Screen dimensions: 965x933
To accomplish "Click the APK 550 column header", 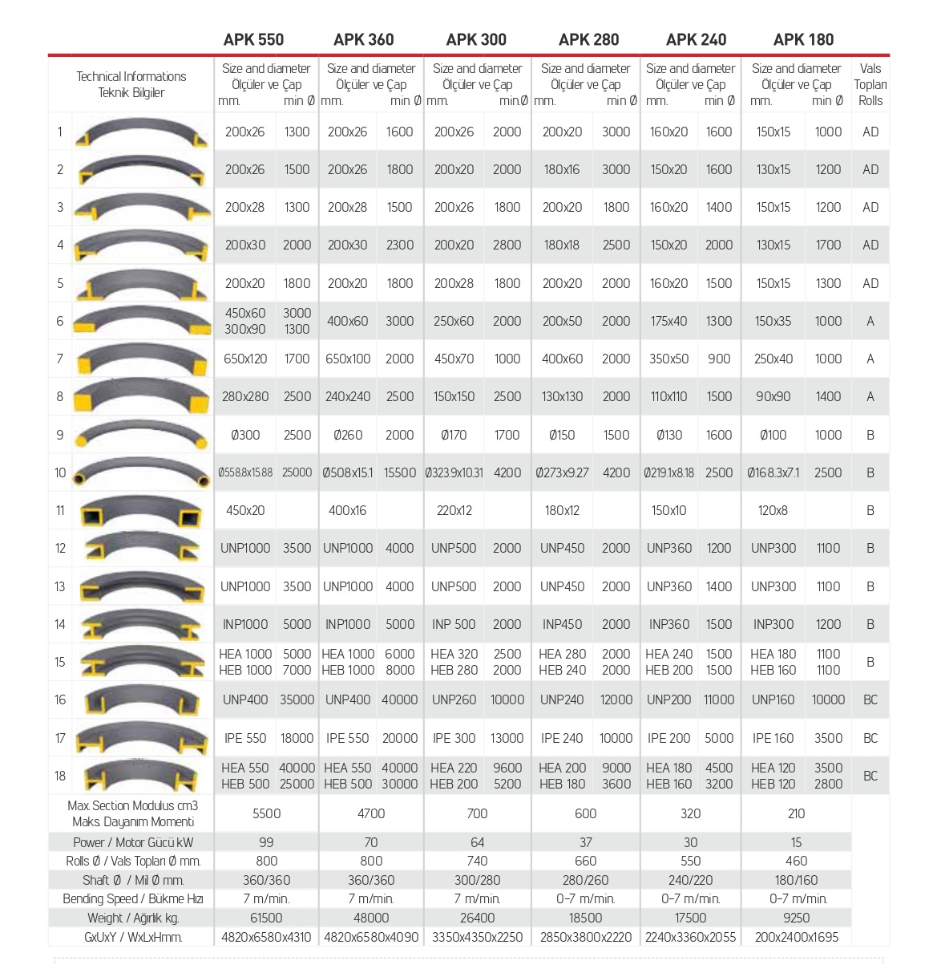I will (253, 39).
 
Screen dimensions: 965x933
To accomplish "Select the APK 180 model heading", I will (803, 39).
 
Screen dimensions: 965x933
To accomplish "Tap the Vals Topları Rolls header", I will (870, 84).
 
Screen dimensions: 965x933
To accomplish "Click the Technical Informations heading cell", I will (131, 84).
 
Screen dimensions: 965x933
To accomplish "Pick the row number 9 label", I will (60, 435).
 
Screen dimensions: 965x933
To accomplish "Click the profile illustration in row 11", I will (141, 511).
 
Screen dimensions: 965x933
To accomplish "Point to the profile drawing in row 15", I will (141, 662).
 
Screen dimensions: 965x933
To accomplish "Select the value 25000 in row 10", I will (297, 472).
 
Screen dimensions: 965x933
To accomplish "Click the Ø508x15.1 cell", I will (348, 472).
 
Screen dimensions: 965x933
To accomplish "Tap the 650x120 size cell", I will (245, 359).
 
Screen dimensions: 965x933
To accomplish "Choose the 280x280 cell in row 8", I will (245, 396).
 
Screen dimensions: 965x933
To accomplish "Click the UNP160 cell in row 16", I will (773, 699).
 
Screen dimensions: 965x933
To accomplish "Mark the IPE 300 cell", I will (454, 738).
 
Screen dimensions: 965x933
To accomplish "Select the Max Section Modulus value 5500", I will (266, 813).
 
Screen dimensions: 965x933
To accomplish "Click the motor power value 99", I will (266, 842).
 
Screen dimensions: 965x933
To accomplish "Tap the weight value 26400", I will (477, 918).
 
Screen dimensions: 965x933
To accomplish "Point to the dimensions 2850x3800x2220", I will (586, 937).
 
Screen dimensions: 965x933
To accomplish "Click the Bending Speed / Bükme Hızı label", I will (132, 899).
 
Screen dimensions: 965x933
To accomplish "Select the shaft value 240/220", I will (690, 880).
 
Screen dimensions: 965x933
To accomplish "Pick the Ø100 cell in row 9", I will (773, 435).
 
